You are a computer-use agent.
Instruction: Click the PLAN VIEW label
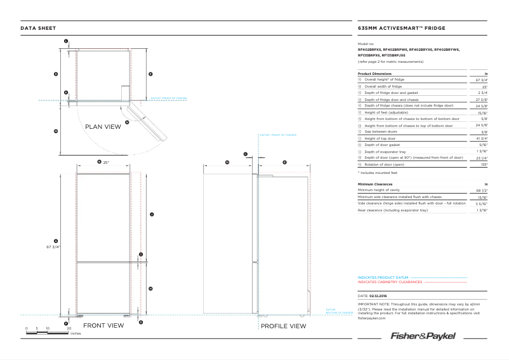click(x=103, y=127)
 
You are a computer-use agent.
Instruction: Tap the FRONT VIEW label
click(x=103, y=326)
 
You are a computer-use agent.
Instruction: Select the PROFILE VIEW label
click(x=284, y=326)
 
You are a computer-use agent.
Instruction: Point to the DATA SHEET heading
click(x=38, y=28)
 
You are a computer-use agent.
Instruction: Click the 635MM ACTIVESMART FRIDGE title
click(x=402, y=28)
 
